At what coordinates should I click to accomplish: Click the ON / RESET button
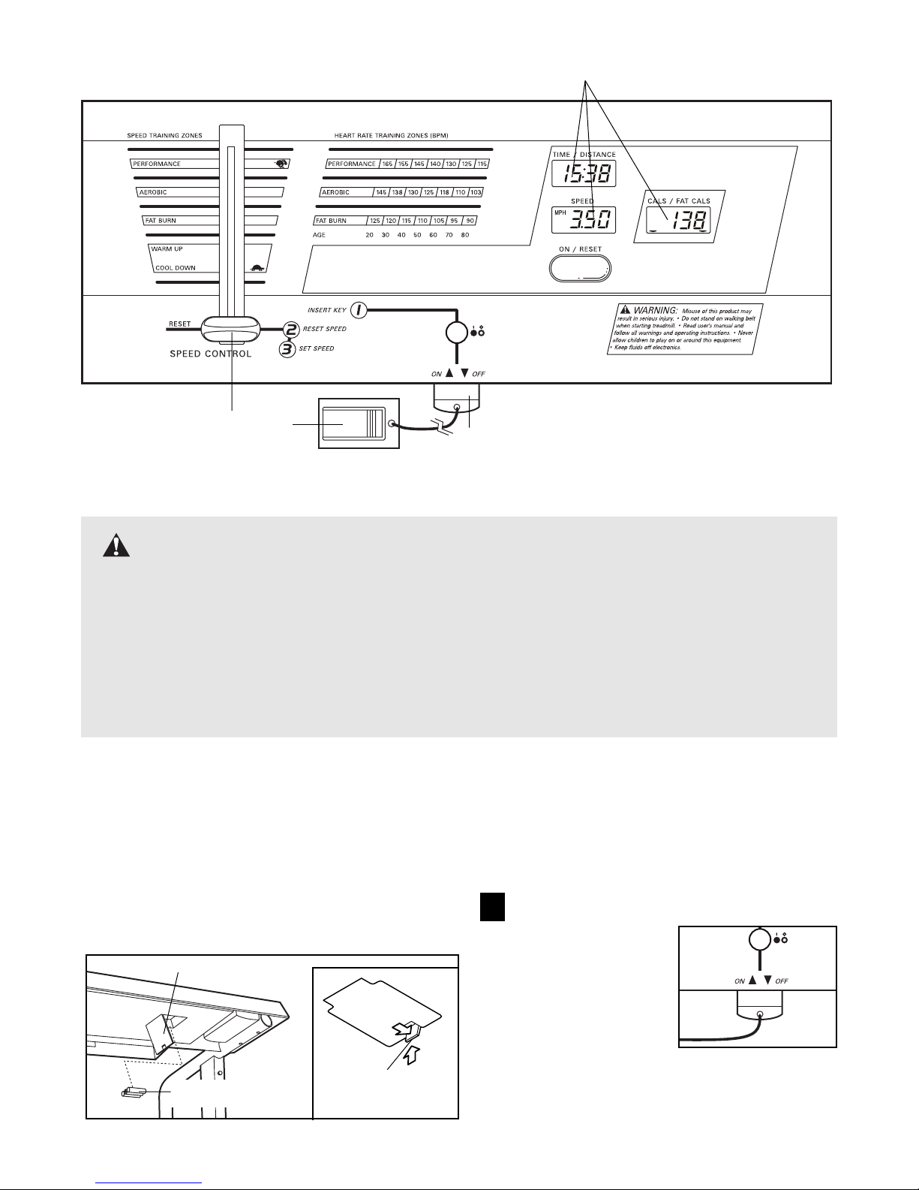[x=580, y=267]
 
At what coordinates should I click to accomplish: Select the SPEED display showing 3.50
[x=583, y=220]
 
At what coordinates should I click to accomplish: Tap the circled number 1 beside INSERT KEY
[x=359, y=309]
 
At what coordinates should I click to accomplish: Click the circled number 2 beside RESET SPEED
[x=290, y=329]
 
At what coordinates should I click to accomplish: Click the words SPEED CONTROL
[x=211, y=353]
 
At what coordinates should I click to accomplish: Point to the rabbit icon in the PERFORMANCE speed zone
[x=280, y=163]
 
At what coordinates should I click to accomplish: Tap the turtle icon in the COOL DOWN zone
[x=257, y=267]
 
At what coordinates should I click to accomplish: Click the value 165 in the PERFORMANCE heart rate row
[x=388, y=164]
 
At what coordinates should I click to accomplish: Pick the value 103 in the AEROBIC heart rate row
[x=476, y=192]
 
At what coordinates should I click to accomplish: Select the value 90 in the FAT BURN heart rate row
[x=470, y=221]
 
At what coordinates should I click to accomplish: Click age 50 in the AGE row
[x=417, y=235]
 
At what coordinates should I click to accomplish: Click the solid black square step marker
[x=491, y=907]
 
